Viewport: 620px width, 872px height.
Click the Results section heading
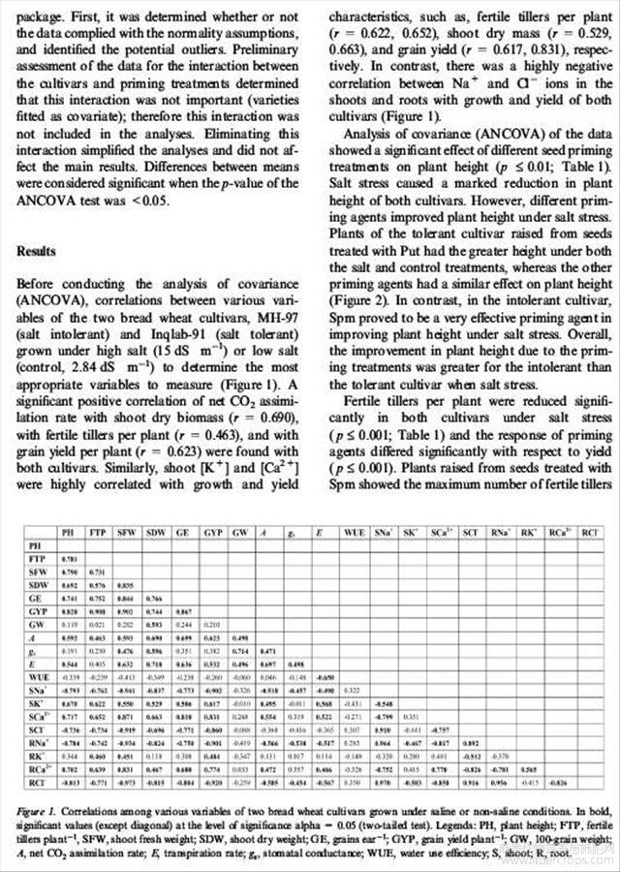(x=41, y=251)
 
